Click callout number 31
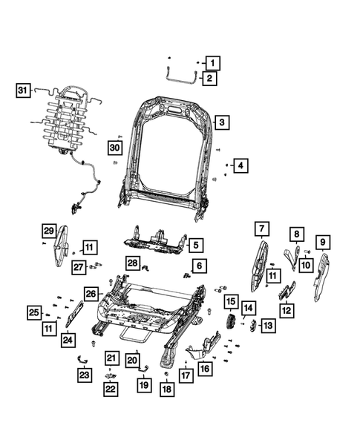(22, 91)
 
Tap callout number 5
(195, 244)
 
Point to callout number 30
(114, 148)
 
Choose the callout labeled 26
(91, 293)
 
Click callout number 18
(166, 389)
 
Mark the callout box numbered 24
(68, 340)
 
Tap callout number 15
(232, 303)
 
